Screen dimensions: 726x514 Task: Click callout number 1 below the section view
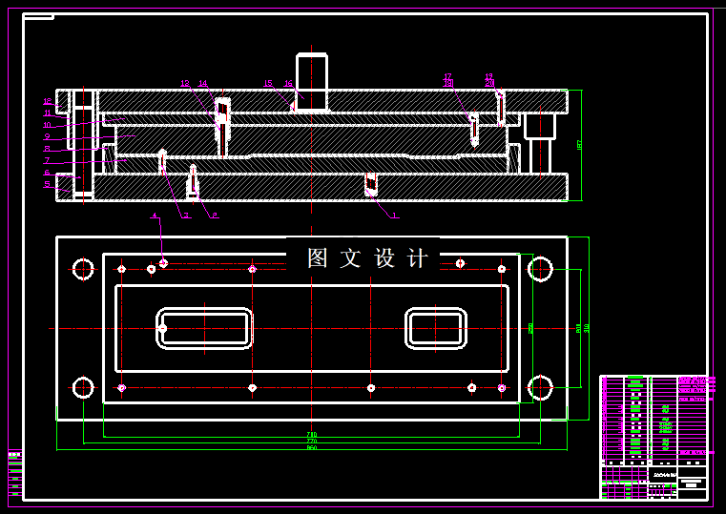click(x=395, y=216)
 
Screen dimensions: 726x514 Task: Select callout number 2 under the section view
click(x=215, y=216)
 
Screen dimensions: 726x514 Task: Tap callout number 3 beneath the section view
click(x=186, y=216)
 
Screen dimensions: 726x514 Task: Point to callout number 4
click(x=155, y=216)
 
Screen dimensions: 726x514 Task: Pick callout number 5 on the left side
click(x=47, y=183)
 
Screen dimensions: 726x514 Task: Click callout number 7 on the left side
click(x=47, y=160)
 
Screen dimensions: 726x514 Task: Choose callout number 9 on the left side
click(x=47, y=136)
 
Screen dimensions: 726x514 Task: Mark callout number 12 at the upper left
click(x=47, y=101)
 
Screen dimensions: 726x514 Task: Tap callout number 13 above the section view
click(x=185, y=83)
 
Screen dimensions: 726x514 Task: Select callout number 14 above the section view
click(x=202, y=83)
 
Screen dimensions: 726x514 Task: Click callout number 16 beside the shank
click(x=288, y=83)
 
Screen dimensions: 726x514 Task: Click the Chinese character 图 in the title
click(x=318, y=257)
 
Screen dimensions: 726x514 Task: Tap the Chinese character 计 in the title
click(x=418, y=257)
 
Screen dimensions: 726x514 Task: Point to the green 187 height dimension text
click(x=579, y=145)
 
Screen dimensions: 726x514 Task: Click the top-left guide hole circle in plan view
click(x=83, y=269)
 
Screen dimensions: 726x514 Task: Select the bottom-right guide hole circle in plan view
click(x=540, y=387)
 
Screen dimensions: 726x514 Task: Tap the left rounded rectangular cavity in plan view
click(x=204, y=328)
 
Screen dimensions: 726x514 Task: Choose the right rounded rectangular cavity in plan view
click(x=435, y=328)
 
